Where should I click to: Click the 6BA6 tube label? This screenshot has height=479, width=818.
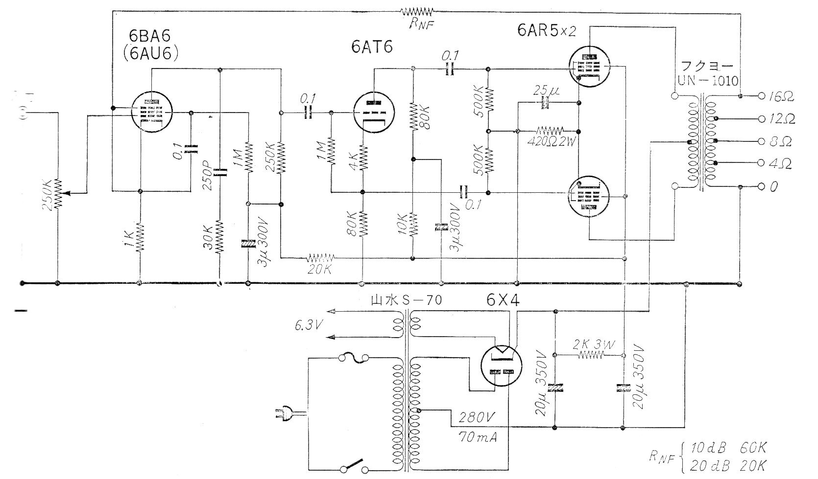[x=150, y=36]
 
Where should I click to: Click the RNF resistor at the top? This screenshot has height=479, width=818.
[x=416, y=12]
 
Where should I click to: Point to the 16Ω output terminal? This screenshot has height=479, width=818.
[x=761, y=96]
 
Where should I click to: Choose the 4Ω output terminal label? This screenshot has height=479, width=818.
[x=780, y=164]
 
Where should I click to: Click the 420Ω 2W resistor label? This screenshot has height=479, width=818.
[x=552, y=141]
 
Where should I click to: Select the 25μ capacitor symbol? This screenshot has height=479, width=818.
[x=547, y=103]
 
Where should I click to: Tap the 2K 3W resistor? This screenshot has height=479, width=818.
[x=591, y=355]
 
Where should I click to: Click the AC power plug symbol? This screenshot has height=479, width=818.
[x=289, y=414]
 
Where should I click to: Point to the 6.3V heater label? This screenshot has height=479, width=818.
[x=309, y=325]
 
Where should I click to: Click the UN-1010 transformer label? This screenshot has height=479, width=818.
[x=708, y=81]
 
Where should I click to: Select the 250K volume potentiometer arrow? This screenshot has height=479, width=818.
[x=75, y=193]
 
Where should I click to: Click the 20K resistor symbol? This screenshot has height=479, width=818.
[x=320, y=258]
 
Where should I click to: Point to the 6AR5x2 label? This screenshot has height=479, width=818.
[x=546, y=30]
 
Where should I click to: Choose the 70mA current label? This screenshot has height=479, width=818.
[x=478, y=437]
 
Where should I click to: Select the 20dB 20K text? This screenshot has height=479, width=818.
[x=728, y=466]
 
